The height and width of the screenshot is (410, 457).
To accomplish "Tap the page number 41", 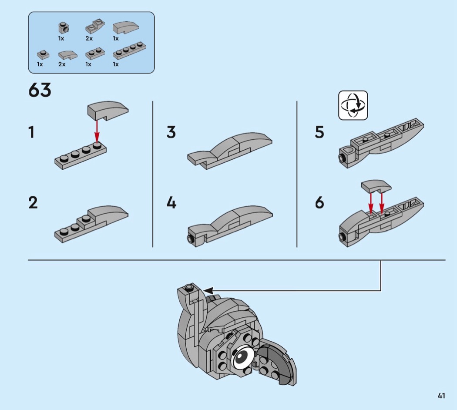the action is (441, 396).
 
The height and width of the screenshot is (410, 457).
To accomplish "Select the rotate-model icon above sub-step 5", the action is (353, 105).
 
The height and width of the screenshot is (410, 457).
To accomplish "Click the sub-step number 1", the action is (31, 132).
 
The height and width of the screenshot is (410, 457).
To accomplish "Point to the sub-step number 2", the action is (33, 202).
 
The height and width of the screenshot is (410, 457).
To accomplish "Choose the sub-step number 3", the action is (171, 132).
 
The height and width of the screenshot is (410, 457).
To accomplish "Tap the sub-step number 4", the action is (171, 202).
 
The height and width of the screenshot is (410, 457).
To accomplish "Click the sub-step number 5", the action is (319, 132).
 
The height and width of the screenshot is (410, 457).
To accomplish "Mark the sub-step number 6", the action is (319, 202).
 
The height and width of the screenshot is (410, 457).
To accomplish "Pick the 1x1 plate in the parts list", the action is (43, 55).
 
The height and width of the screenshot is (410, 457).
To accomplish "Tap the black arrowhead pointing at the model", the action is (208, 290).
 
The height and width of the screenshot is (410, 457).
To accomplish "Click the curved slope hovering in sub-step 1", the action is (108, 111).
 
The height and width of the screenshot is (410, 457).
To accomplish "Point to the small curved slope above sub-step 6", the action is (376, 186).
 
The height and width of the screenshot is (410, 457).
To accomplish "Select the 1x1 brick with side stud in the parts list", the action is (64, 28).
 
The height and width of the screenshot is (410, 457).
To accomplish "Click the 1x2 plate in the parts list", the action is (95, 54).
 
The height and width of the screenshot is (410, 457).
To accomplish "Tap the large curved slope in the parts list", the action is (126, 28).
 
